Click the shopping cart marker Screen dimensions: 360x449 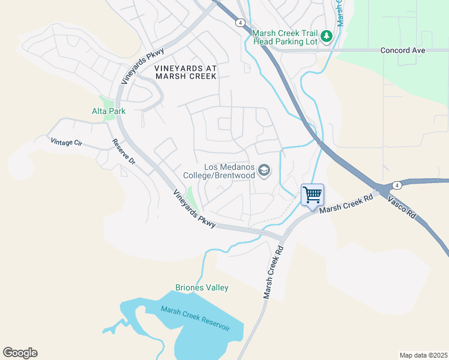[x=312, y=195]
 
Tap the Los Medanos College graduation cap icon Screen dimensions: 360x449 [x=264, y=172]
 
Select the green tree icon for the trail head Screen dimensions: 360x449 [x=327, y=36]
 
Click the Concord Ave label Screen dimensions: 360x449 [x=403, y=50]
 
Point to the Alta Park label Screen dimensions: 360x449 [x=109, y=111]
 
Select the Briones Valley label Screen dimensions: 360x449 [x=202, y=287]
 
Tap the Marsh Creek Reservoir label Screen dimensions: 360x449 [x=196, y=318]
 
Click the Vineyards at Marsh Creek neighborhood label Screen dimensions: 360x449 [x=185, y=73]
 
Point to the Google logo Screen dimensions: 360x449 [x=20, y=353]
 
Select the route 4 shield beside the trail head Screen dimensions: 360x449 [x=240, y=23]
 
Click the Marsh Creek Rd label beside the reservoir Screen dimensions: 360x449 [x=272, y=271]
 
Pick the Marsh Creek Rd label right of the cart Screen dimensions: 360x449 [x=346, y=203]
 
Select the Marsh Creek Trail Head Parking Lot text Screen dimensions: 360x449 [x=285, y=37]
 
